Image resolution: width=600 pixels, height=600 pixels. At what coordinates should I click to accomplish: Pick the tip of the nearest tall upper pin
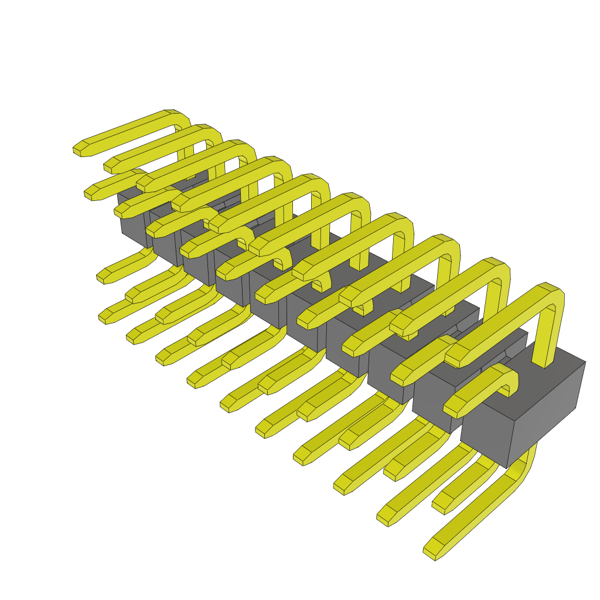pyautogui.click(x=454, y=357)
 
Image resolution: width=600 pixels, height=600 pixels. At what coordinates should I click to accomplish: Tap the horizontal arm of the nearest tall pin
pyautogui.click(x=498, y=322)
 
